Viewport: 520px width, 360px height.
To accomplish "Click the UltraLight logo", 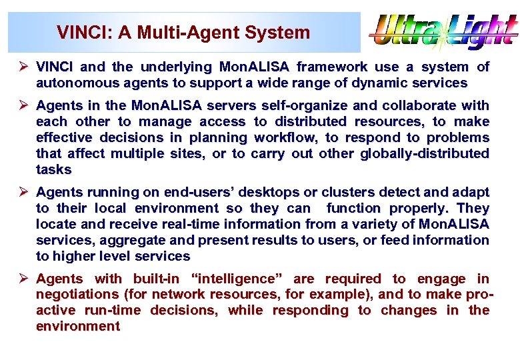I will click(x=444, y=33).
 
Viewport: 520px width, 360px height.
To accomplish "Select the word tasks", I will click(x=53, y=170).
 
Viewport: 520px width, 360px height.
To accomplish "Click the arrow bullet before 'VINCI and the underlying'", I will click(x=23, y=67).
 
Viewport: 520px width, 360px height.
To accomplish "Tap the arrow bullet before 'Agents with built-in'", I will click(x=23, y=279).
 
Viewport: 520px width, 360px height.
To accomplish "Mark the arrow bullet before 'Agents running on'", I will click(x=23, y=193).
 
